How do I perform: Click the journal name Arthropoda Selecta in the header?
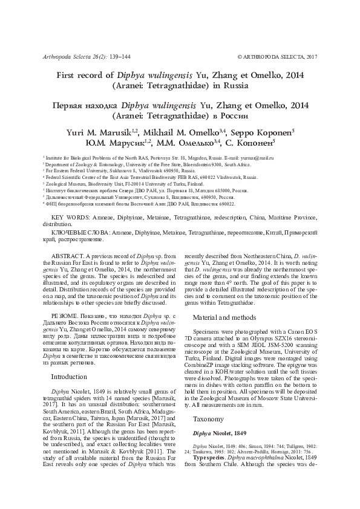(64, 57)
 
